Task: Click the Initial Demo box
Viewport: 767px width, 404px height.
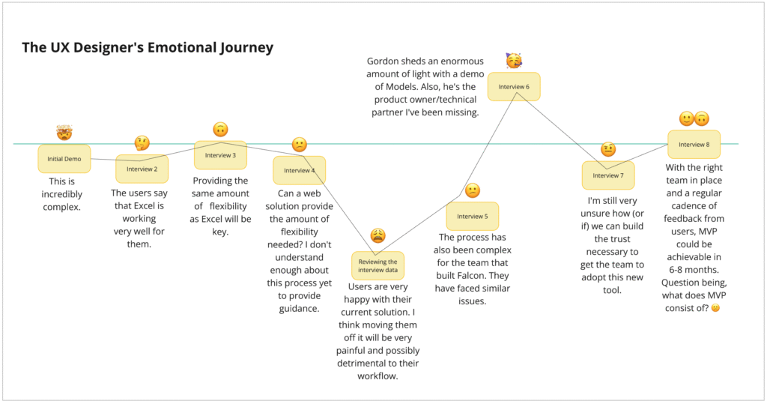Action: pyautogui.click(x=64, y=159)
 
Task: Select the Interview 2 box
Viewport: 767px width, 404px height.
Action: pyautogui.click(x=142, y=169)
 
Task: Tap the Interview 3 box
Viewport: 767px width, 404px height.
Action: pyautogui.click(x=220, y=155)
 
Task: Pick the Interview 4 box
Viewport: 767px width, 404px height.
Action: pyautogui.click(x=299, y=170)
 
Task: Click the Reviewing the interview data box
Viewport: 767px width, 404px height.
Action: pyautogui.click(x=378, y=266)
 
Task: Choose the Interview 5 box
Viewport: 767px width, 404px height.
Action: pyautogui.click(x=472, y=216)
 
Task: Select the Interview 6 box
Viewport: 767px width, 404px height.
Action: pyautogui.click(x=514, y=87)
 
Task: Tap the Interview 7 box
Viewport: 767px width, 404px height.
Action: pyautogui.click(x=608, y=175)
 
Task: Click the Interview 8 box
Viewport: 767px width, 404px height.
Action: pyautogui.click(x=694, y=144)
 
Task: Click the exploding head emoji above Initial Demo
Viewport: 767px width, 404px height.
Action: pyautogui.click(x=64, y=133)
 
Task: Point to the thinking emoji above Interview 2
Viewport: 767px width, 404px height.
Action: pyautogui.click(x=142, y=142)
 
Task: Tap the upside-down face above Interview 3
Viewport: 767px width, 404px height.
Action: pyautogui.click(x=220, y=129)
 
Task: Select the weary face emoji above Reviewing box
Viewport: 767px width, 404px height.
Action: pyautogui.click(x=378, y=236)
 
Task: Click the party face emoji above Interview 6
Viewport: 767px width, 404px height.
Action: pyautogui.click(x=514, y=61)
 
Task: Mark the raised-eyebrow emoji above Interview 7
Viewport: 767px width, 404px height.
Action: pyautogui.click(x=608, y=149)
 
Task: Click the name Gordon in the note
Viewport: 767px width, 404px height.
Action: pyautogui.click(x=385, y=61)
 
